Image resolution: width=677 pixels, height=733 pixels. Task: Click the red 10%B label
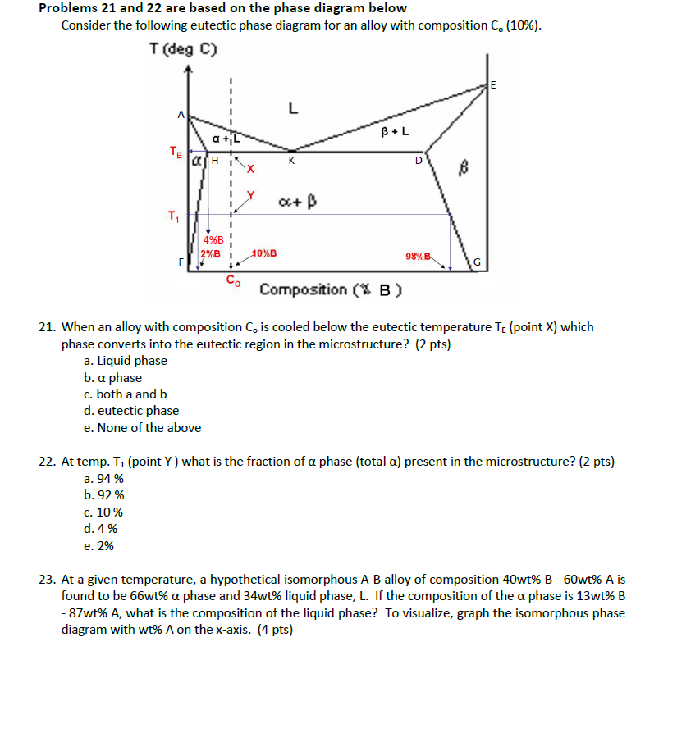point(264,253)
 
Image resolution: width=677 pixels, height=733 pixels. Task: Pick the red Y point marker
point(251,195)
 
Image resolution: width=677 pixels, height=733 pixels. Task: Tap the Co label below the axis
point(233,281)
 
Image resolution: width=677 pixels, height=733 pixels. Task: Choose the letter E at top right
point(493,85)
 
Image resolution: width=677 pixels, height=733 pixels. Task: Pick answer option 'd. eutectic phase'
point(131,411)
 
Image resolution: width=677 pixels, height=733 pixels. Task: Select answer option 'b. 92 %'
point(104,495)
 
